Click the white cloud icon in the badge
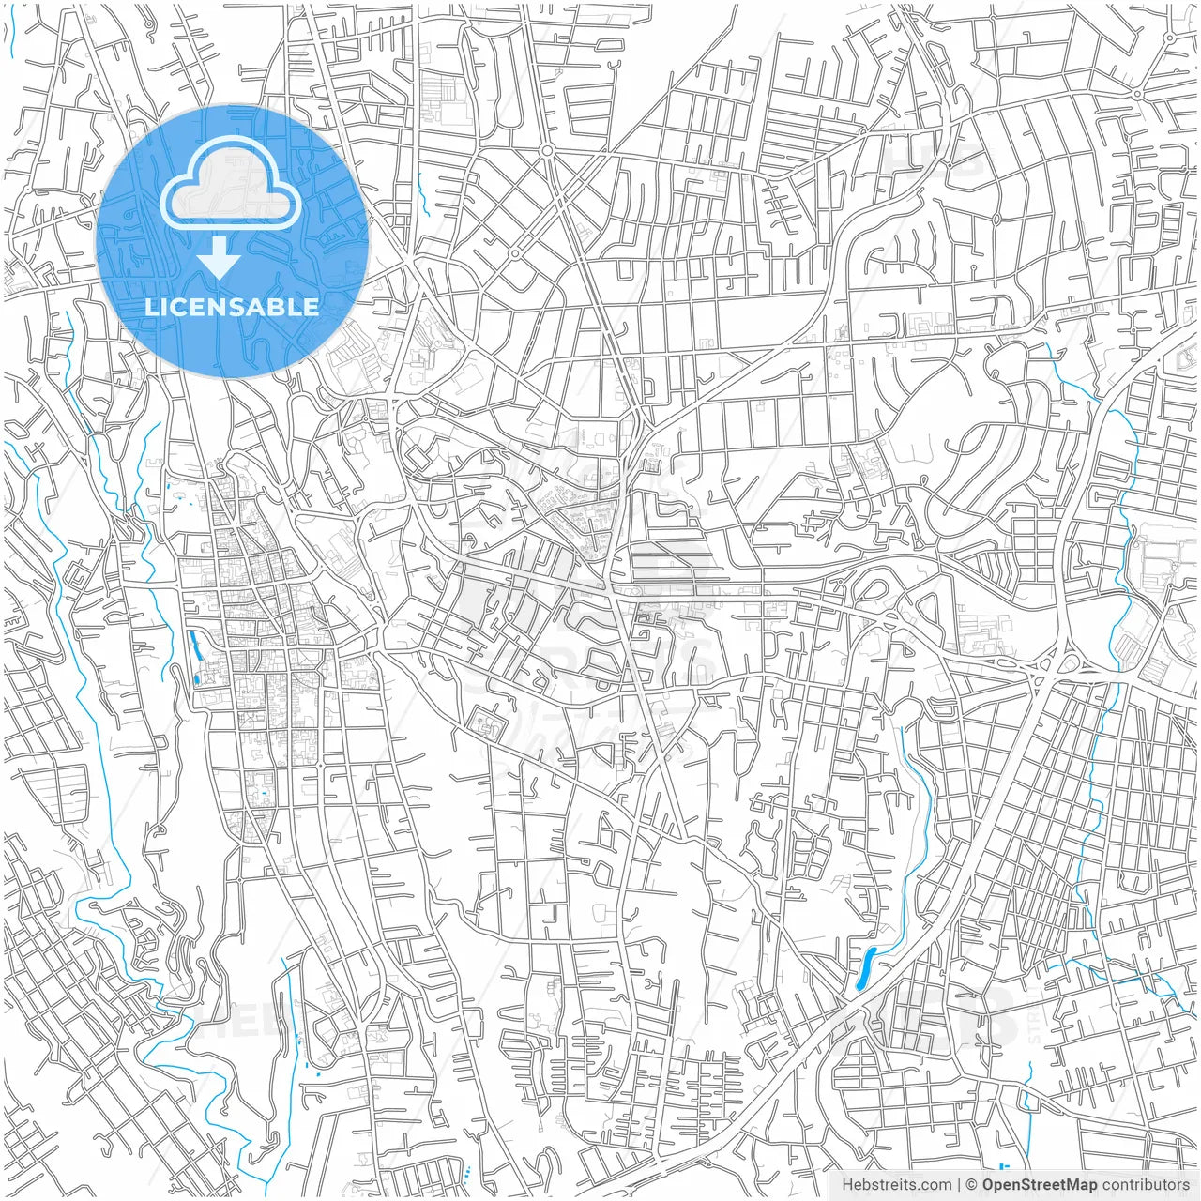point(231,190)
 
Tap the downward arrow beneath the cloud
point(219,258)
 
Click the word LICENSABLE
point(232,307)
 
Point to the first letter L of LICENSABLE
point(151,307)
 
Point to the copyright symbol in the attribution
point(972,1185)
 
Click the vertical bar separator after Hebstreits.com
point(959,1185)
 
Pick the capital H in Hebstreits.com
point(847,1185)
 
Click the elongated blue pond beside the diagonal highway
point(864,967)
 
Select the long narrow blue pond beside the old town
point(195,646)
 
